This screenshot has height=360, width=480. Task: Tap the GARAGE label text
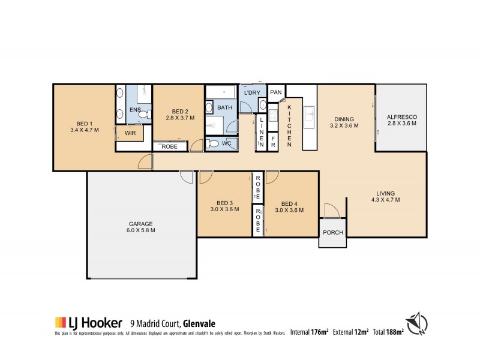(142, 223)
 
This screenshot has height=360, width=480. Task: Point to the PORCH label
(333, 233)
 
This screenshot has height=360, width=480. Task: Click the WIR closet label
(130, 133)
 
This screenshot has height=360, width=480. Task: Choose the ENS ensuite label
(135, 110)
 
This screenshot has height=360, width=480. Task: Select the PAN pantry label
(275, 92)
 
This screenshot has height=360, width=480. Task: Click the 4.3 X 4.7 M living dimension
(385, 200)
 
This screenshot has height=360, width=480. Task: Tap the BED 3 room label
(224, 203)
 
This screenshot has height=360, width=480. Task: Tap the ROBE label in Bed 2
(170, 146)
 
